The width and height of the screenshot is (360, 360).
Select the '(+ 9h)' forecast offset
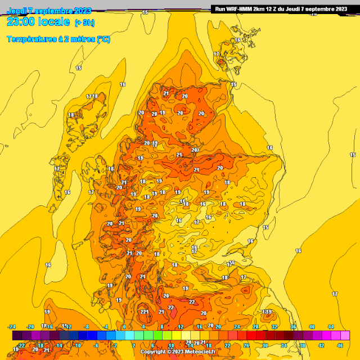(84, 22)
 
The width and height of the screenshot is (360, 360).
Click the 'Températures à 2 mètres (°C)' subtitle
(58, 39)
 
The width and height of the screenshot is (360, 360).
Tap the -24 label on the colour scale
(12, 327)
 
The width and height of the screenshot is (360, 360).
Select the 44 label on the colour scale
(331, 327)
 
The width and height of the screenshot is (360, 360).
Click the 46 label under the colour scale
(340, 346)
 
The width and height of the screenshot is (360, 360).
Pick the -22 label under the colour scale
(21, 346)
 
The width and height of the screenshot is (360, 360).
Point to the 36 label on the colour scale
(293, 327)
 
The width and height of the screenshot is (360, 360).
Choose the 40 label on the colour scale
(312, 327)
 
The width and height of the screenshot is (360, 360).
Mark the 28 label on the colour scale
(255, 327)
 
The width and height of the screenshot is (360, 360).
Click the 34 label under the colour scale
(283, 346)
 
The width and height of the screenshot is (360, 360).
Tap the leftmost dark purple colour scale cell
(17, 336)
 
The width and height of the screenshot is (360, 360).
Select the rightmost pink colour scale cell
(345, 336)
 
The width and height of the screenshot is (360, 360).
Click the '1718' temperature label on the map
(92, 97)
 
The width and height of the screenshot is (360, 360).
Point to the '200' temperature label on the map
(195, 150)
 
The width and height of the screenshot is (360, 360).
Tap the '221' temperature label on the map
(145, 312)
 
